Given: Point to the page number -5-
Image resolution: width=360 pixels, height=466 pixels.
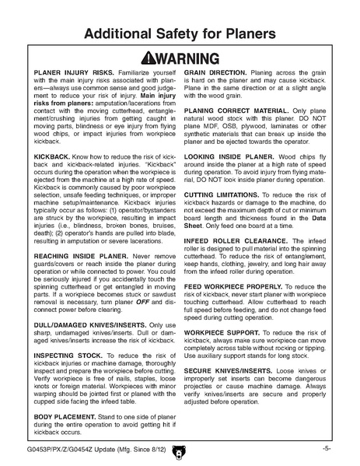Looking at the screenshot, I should point(327,448).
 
